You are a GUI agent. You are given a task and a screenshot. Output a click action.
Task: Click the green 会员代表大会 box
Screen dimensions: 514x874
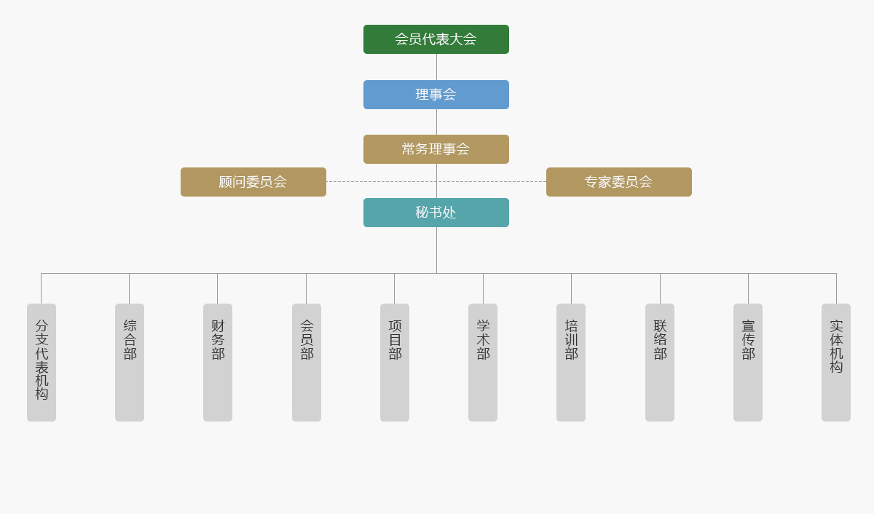pyautogui.click(x=436, y=39)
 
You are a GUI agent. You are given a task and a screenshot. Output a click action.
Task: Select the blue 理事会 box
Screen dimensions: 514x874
pyautogui.click(x=436, y=95)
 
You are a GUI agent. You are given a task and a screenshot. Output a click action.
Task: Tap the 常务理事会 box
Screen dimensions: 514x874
pyautogui.click(x=436, y=149)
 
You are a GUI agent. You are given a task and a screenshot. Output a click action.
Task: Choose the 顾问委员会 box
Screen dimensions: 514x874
pyautogui.click(x=253, y=182)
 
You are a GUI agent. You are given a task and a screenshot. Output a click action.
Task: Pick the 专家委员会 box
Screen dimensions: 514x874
pyautogui.click(x=618, y=182)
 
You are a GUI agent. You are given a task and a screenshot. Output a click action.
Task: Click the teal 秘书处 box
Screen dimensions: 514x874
pyautogui.click(x=436, y=213)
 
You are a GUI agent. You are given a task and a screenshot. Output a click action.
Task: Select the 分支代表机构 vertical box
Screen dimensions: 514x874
pyautogui.click(x=42, y=362)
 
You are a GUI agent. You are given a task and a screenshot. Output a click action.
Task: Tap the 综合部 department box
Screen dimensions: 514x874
pyautogui.click(x=130, y=362)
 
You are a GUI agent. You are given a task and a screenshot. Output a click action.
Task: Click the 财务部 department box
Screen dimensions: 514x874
pyautogui.click(x=218, y=362)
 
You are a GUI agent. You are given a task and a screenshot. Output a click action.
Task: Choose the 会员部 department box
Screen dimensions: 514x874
pyautogui.click(x=307, y=362)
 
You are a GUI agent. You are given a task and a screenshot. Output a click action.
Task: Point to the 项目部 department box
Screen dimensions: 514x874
pyautogui.click(x=395, y=362)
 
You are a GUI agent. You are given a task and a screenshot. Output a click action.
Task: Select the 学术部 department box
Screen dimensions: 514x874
pyautogui.click(x=483, y=362)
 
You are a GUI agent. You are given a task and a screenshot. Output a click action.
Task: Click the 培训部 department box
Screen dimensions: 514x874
pyautogui.click(x=571, y=362)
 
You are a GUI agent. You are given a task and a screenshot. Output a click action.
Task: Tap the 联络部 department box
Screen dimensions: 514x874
pyautogui.click(x=660, y=362)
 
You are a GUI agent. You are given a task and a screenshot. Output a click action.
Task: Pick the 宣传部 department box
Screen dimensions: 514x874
pyautogui.click(x=748, y=362)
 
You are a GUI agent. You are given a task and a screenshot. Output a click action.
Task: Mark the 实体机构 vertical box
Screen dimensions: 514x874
pyautogui.click(x=836, y=362)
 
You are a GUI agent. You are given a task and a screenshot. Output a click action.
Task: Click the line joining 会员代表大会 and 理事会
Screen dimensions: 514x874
pyautogui.click(x=436, y=67)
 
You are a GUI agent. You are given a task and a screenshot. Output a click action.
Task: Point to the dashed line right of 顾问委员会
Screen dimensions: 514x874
pyautogui.click(x=379, y=182)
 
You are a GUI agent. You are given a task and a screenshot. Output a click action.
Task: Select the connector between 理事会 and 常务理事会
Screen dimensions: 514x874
pyautogui.click(x=436, y=122)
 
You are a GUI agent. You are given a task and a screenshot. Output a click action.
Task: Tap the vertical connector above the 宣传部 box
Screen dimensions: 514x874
pyautogui.click(x=748, y=288)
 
